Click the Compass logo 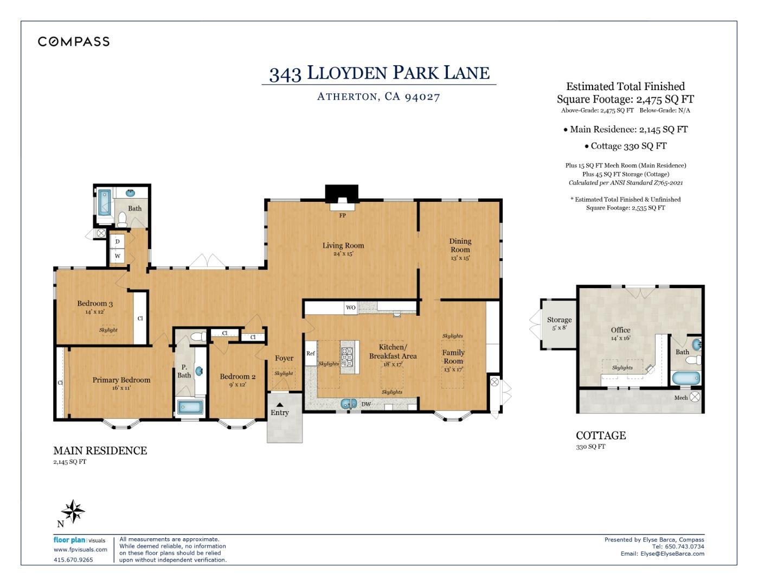[x=74, y=42]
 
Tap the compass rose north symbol [x=73, y=512]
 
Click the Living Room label [x=343, y=246]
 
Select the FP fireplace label [x=343, y=215]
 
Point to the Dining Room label [x=460, y=246]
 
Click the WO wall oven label [x=351, y=308]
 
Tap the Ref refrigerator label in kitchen [x=311, y=353]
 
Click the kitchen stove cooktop [x=347, y=357]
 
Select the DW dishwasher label [x=366, y=404]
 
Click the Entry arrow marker [x=280, y=404]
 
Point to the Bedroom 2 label [x=237, y=377]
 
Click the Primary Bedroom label [x=121, y=380]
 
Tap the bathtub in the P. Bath [x=190, y=407]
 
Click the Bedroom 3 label [x=95, y=304]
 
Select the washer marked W [x=117, y=256]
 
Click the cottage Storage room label [x=559, y=320]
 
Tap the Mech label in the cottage [x=681, y=398]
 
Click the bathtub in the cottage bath [x=686, y=378]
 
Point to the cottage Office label [x=620, y=330]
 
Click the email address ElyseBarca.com [x=672, y=553]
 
